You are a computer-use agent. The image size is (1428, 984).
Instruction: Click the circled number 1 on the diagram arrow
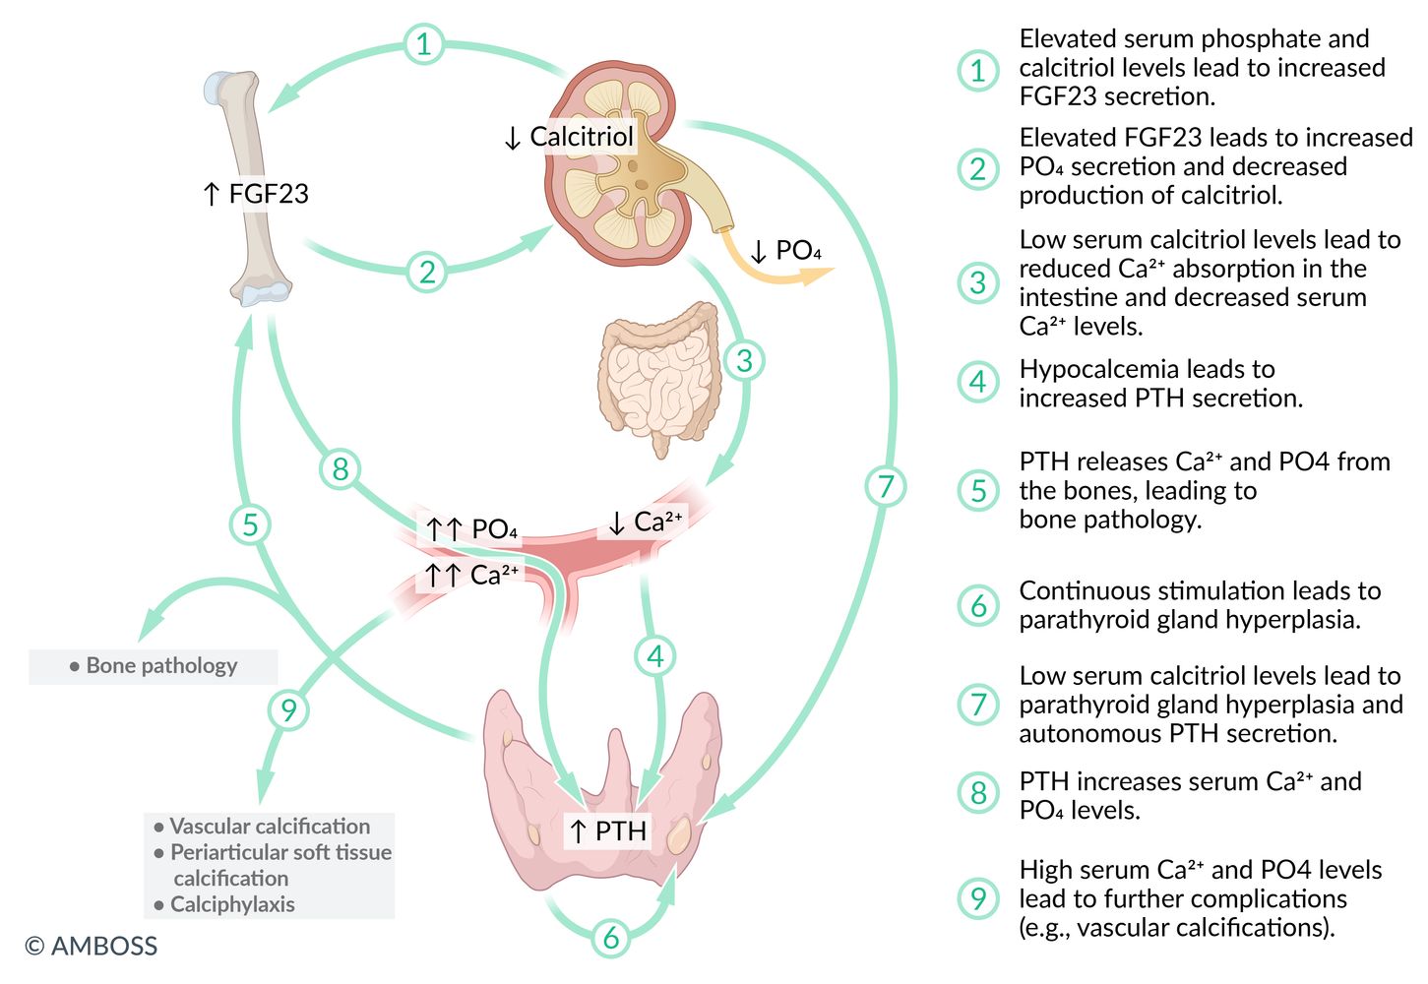click(423, 44)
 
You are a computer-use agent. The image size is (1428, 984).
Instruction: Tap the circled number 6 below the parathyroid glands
click(610, 937)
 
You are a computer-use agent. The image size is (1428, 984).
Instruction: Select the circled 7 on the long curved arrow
click(885, 486)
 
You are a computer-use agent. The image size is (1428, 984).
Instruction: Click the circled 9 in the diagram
click(288, 709)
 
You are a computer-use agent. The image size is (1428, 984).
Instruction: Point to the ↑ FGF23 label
click(255, 194)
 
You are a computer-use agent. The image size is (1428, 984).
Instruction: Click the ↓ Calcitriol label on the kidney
click(569, 137)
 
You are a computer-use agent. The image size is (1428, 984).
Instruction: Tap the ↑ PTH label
click(608, 831)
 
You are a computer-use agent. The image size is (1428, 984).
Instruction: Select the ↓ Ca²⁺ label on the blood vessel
click(646, 523)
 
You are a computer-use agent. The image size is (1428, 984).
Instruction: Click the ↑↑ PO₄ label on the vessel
click(470, 529)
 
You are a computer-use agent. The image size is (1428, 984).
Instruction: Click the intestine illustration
click(659, 374)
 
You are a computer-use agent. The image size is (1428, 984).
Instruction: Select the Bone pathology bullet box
click(154, 666)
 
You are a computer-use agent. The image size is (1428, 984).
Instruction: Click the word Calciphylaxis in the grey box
click(232, 904)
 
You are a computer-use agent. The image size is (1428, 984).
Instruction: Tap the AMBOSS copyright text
click(92, 947)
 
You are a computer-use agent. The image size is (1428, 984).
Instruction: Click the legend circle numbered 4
click(978, 382)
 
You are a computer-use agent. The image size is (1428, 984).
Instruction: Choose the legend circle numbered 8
click(978, 793)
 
